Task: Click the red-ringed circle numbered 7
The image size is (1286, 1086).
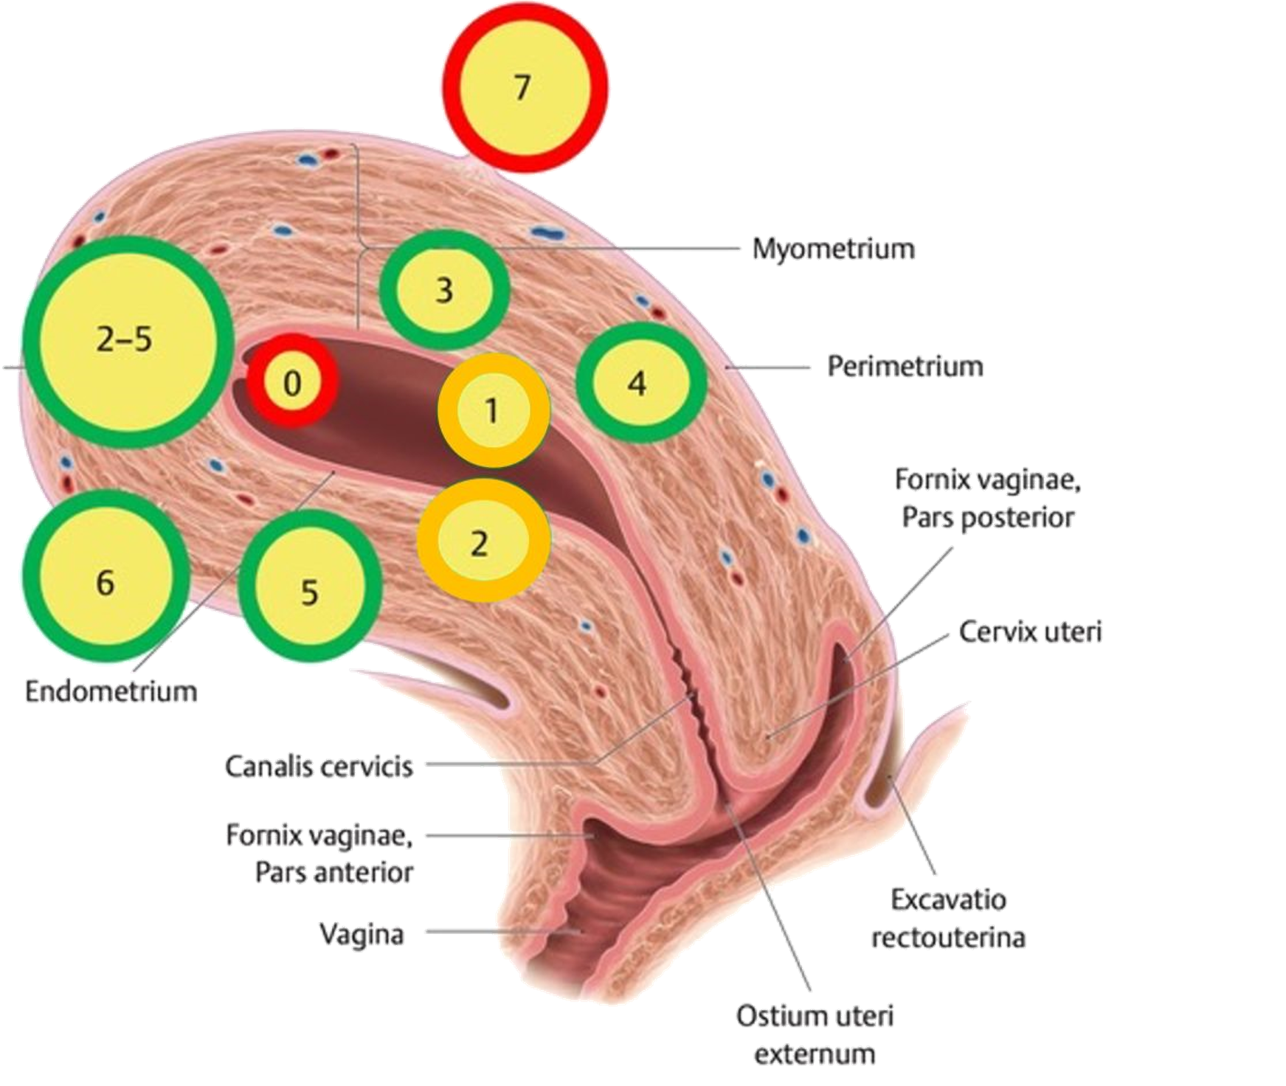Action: (525, 90)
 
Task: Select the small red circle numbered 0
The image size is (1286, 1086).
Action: (292, 381)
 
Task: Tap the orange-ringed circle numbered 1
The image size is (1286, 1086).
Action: (493, 410)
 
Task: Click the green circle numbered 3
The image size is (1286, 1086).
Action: (444, 290)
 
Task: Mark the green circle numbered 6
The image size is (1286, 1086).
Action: (105, 581)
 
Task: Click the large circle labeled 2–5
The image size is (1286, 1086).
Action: (125, 342)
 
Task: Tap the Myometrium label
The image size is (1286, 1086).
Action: (834, 249)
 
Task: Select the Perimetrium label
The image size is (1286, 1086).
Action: (905, 367)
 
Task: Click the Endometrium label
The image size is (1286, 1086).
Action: (111, 692)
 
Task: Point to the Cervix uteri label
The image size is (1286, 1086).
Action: (1030, 632)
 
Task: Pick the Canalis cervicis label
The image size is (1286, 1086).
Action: (319, 767)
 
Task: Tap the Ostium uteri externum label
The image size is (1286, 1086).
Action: (814, 1034)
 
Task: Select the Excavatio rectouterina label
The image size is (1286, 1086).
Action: (948, 919)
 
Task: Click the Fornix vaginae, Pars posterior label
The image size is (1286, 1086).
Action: (987, 498)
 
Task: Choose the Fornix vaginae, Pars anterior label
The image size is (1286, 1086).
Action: (319, 854)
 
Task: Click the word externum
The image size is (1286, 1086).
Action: (814, 1054)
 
